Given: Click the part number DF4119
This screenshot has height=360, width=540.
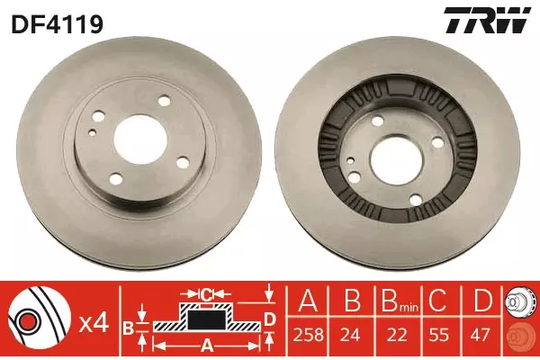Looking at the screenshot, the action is click(x=58, y=24).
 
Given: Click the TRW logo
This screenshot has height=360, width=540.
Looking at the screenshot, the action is click(x=487, y=20).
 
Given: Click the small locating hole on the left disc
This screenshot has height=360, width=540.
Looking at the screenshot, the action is click(x=92, y=132).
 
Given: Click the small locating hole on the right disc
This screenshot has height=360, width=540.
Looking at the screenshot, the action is click(x=351, y=160).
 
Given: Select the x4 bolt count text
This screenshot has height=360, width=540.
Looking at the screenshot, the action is click(x=94, y=324).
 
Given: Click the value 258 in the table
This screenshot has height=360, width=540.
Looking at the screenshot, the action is click(x=308, y=335).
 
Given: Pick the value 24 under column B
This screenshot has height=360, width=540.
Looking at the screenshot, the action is click(x=350, y=335).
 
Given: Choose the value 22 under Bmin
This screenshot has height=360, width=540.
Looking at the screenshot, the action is click(x=397, y=335).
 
